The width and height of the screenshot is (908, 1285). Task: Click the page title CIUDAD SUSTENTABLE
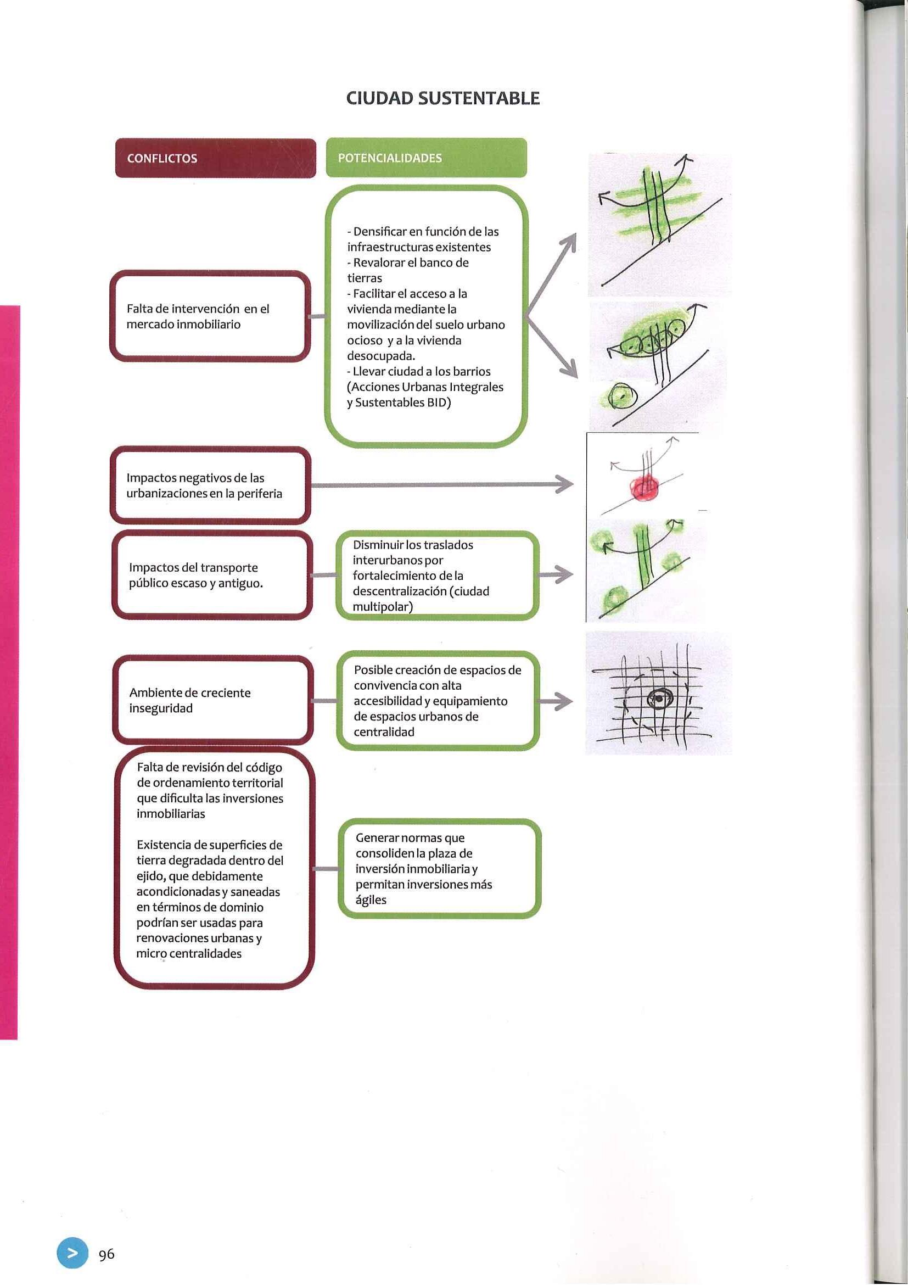[x=442, y=98]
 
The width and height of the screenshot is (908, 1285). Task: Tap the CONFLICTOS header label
[x=162, y=158]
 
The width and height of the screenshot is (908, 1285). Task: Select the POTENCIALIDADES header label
[x=390, y=158]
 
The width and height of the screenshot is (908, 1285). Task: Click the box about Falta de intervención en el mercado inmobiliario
[x=210, y=316]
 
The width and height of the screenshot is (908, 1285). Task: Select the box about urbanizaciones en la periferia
[x=210, y=485]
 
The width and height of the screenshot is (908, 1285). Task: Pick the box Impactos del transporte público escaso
[x=211, y=576]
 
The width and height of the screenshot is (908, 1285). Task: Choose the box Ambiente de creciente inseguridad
[x=212, y=700]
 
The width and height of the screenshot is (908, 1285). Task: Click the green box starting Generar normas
[x=439, y=869]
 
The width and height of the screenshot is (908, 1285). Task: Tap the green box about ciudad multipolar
[x=437, y=576]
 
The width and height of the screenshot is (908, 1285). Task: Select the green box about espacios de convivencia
[x=438, y=701]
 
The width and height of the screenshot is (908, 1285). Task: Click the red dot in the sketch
[x=646, y=485]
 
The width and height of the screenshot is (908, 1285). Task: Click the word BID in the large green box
[x=439, y=403]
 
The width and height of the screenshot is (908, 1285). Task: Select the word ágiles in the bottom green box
[x=371, y=900]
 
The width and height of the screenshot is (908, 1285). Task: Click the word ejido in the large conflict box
[x=150, y=876]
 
